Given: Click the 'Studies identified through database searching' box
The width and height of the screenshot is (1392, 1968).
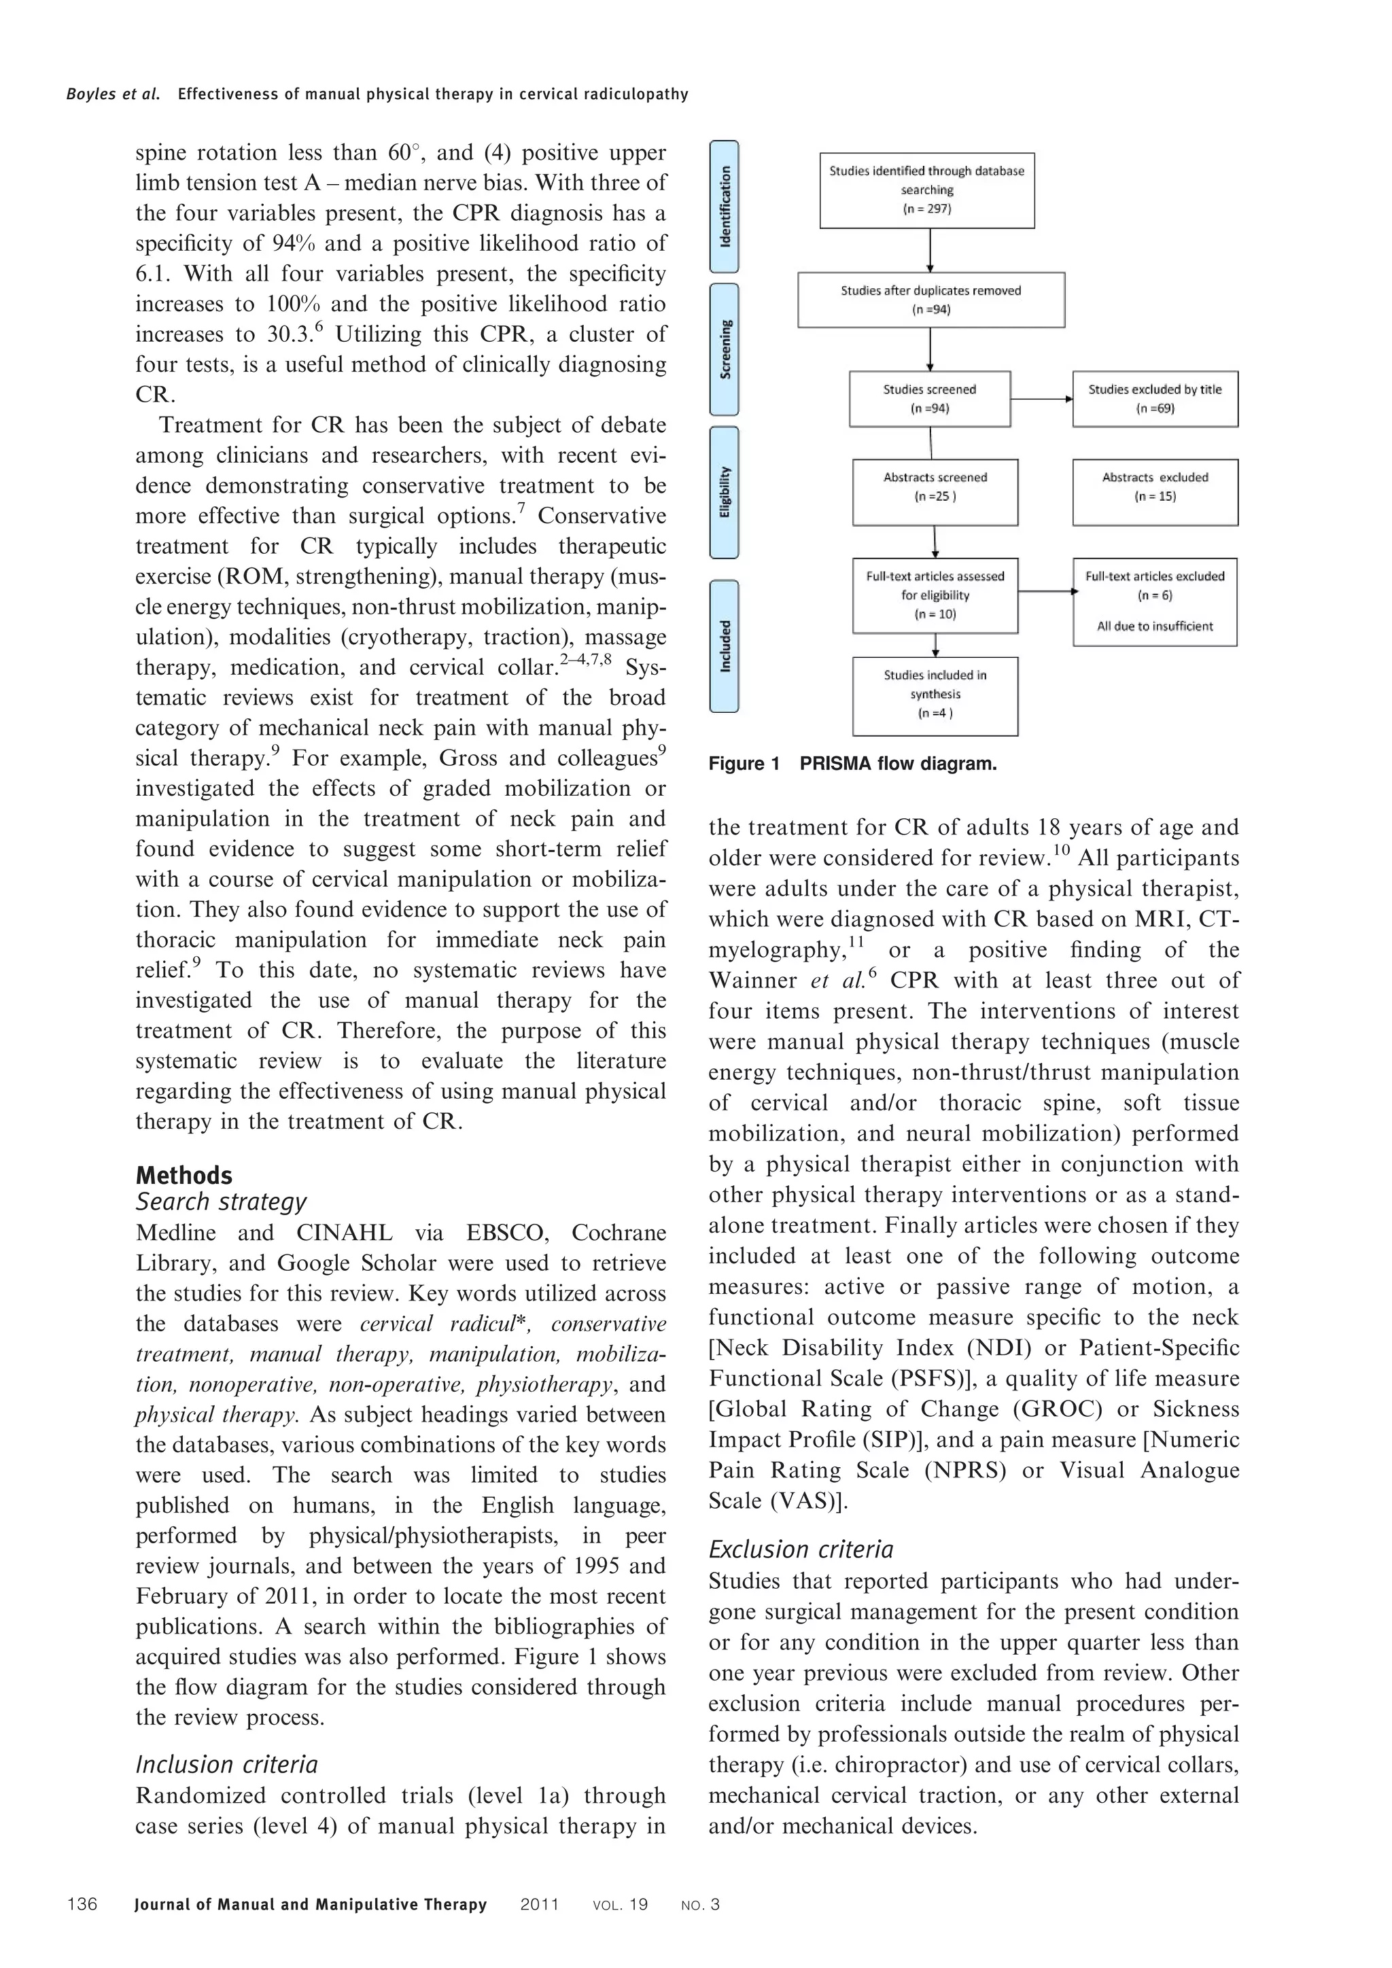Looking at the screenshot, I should point(926,190).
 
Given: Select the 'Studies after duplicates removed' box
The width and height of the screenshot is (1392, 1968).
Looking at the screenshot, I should point(931,300).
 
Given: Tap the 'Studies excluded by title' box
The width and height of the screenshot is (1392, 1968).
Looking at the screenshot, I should point(1155,399).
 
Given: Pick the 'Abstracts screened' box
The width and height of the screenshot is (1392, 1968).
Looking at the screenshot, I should point(935,493).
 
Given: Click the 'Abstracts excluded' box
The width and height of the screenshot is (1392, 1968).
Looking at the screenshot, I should point(1155,493).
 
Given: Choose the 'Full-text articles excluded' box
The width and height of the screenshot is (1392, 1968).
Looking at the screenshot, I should point(1155,601).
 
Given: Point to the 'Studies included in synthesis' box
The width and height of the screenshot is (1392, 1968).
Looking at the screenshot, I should point(935,696).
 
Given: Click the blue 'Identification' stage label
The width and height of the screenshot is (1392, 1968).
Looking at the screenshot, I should point(725,207).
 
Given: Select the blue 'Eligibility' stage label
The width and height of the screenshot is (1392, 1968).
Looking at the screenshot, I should point(725,492).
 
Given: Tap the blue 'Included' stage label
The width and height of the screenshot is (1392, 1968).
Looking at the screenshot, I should point(725,646).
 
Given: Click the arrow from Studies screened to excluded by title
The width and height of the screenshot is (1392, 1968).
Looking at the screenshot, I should point(1041,399).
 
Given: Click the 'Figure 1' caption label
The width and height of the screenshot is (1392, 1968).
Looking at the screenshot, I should point(744,764).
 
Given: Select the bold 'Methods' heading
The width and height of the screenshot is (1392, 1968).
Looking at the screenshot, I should point(184,1175).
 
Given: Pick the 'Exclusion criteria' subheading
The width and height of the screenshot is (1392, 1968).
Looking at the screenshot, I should point(801,1549).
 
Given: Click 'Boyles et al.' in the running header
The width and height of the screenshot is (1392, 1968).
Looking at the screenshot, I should point(113,94).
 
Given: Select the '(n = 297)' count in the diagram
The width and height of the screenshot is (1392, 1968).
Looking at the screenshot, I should point(926,209).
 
